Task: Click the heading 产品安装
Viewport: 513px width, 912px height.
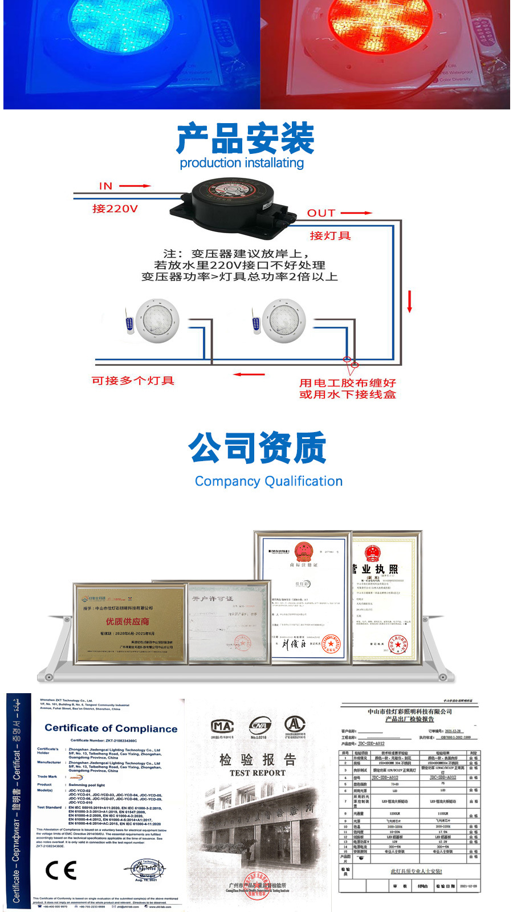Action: [245, 139]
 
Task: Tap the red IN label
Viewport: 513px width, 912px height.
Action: [106, 186]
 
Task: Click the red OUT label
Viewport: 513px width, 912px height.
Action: [321, 213]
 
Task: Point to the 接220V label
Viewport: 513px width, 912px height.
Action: [115, 209]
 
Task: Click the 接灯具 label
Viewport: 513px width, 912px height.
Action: [330, 235]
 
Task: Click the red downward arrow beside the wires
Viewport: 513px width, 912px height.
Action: [409, 301]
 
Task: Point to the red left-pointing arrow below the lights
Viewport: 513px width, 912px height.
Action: [249, 374]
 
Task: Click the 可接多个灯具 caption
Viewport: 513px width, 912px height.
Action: [133, 381]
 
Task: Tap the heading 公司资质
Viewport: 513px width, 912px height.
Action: [258, 449]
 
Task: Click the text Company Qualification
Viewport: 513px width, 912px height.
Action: [268, 482]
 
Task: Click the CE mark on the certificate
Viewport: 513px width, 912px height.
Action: [61, 870]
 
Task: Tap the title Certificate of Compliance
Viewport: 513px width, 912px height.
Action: [111, 728]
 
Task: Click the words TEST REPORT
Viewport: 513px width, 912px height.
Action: [258, 773]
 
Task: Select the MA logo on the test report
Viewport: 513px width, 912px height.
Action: [222, 726]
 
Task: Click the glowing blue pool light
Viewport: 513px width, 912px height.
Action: [121, 26]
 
